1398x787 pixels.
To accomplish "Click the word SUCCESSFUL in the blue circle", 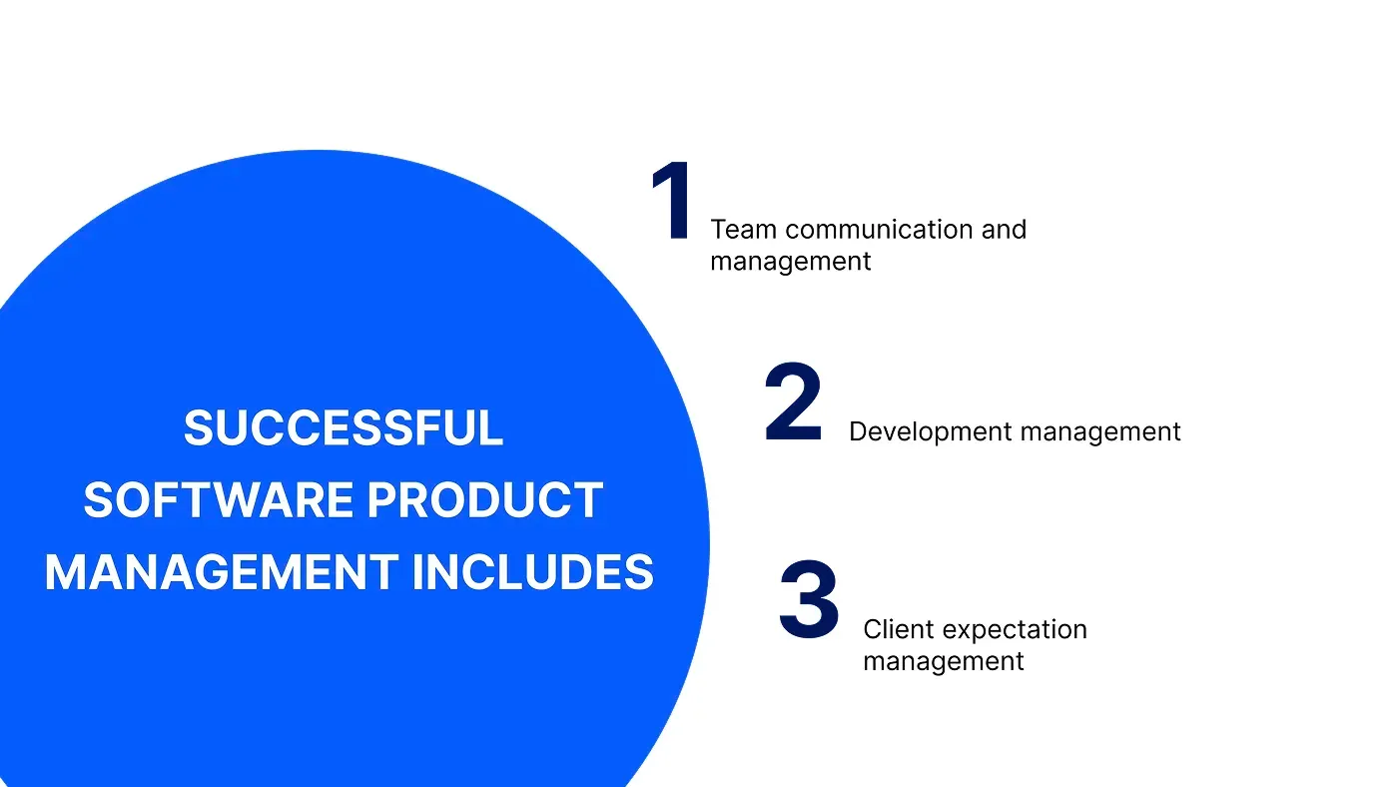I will pos(343,428).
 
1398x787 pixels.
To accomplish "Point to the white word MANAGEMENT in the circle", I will pos(220,573).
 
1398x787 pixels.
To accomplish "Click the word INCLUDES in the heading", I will pos(533,573).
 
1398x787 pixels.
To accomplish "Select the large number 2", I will pos(794,404).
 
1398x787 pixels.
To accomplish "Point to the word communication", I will pos(879,230).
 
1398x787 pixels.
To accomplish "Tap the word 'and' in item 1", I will pos(1004,230).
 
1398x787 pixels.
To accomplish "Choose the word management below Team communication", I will pos(791,262).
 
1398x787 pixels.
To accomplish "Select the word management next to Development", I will pos(1100,431).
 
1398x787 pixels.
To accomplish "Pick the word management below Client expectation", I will pos(944,661).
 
